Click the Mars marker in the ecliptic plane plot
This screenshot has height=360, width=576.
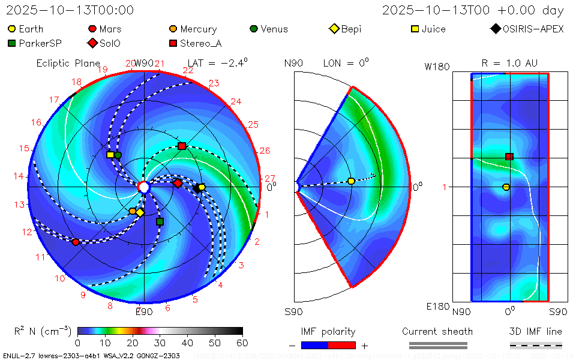pos(76,242)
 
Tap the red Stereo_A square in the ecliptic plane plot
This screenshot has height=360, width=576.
pos(182,146)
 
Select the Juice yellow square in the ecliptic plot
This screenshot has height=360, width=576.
pos(110,155)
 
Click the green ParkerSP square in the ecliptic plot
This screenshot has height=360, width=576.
pos(160,222)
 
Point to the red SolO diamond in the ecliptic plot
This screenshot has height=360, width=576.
pos(178,183)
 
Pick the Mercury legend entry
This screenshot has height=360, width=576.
pos(193,29)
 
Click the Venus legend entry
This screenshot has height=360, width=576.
pos(268,29)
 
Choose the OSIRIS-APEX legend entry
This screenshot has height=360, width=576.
pos(528,29)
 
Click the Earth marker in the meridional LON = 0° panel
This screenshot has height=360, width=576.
pos(351,181)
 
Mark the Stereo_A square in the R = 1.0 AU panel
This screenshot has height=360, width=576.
pos(509,157)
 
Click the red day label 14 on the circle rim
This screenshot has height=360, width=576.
pos(19,176)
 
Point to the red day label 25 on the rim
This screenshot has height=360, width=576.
pos(253,125)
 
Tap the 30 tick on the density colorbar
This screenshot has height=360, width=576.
pos(160,343)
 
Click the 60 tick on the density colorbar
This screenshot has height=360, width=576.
pos(242,343)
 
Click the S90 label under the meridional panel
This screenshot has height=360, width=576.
pos(293,312)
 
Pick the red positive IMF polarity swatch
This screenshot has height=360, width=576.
pos(342,345)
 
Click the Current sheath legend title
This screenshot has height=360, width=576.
pos(437,331)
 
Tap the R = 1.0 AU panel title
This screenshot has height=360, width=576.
pos(509,63)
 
